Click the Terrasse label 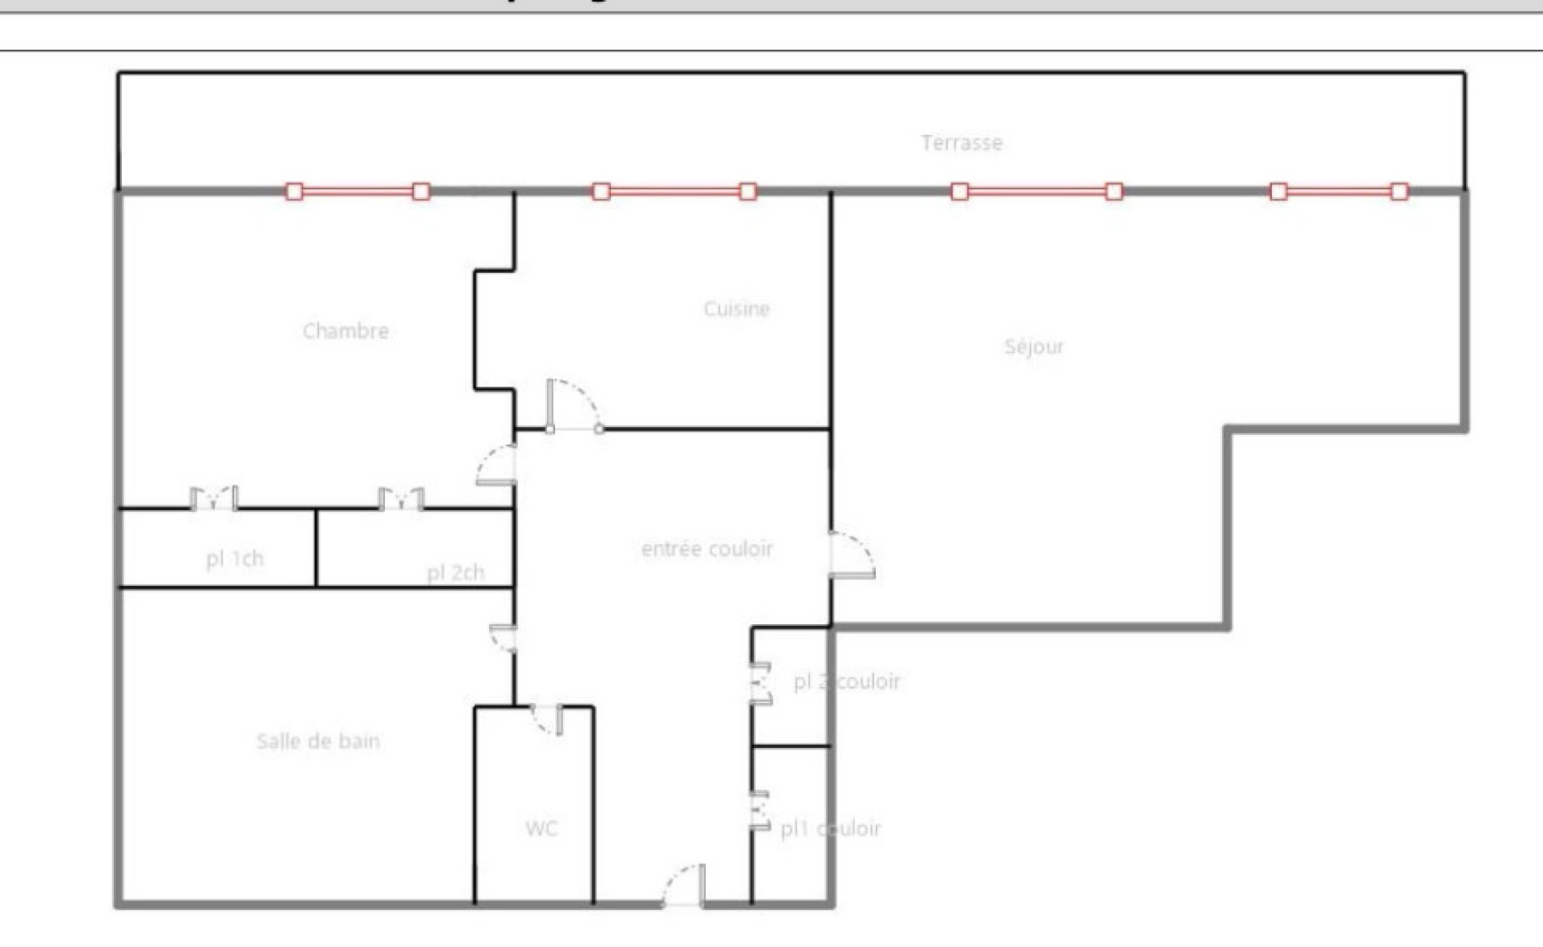(962, 143)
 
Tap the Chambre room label (345, 331)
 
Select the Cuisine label (736, 309)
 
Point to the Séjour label (1034, 346)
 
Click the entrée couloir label (707, 549)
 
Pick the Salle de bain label (318, 742)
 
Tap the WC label (541, 829)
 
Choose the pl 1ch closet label (234, 559)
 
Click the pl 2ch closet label (455, 573)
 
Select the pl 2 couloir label (846, 681)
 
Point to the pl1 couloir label (830, 829)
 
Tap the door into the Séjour (850, 554)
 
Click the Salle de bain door (503, 637)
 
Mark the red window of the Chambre (358, 191)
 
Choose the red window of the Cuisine (674, 191)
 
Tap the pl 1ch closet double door (214, 499)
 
